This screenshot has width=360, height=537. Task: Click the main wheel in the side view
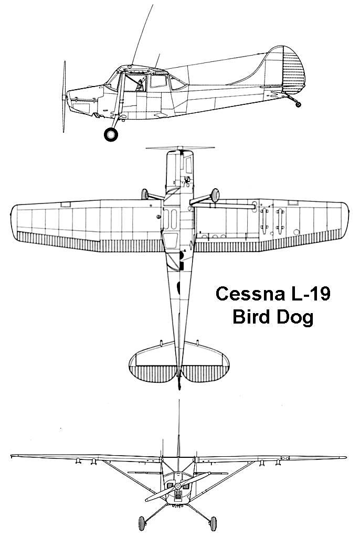point(111,134)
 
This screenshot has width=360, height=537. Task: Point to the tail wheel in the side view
point(298,104)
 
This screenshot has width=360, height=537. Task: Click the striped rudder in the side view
point(293,70)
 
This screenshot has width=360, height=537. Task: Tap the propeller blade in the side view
point(64,96)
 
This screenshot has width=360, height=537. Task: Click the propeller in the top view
point(181,148)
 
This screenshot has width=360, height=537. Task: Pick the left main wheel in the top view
point(145,194)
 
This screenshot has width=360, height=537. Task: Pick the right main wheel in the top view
point(215,195)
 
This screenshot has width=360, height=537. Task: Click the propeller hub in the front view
point(178,486)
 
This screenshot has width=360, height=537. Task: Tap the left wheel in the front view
point(142,523)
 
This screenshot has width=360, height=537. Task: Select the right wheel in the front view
point(213,524)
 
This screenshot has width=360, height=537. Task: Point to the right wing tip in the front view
point(345,457)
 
